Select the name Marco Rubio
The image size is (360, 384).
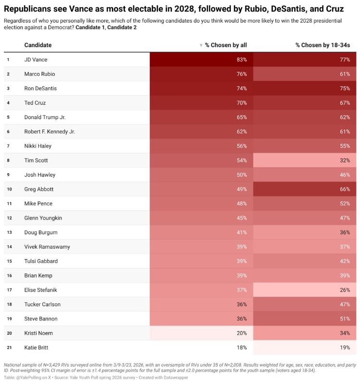click(40, 74)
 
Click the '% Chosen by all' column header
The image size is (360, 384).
click(226, 45)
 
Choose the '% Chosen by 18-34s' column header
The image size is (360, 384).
click(322, 45)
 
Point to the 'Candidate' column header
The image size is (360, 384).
click(38, 45)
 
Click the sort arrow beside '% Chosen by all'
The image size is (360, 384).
click(201, 45)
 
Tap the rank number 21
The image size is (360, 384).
click(8, 348)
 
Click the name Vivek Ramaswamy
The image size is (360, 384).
click(48, 247)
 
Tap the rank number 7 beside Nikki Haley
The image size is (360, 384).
click(8, 146)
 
